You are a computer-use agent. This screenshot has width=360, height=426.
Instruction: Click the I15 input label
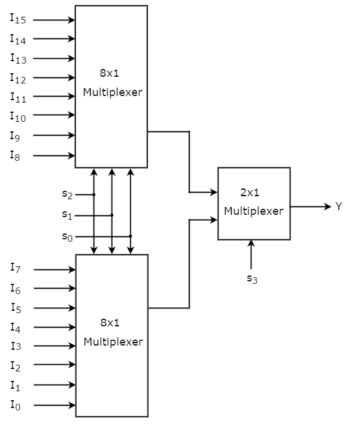(17, 19)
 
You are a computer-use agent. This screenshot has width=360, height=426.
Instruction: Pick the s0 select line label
(68, 236)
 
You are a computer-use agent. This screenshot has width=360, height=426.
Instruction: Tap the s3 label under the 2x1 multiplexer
(252, 278)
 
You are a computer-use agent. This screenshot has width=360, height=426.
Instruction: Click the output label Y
(338, 206)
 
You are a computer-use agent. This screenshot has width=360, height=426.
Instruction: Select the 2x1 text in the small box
(250, 193)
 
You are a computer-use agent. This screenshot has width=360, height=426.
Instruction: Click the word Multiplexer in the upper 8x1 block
(113, 92)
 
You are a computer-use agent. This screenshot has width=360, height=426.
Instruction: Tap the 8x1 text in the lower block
(110, 323)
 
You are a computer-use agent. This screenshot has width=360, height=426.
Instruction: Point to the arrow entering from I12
(54, 77)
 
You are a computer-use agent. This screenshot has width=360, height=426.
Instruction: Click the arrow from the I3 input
(54, 346)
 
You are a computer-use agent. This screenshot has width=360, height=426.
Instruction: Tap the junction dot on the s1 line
(112, 215)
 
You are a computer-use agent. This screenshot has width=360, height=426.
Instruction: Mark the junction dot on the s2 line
(94, 194)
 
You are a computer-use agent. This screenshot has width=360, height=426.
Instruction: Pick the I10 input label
(17, 116)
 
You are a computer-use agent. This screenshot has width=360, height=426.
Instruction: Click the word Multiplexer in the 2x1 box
(253, 211)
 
